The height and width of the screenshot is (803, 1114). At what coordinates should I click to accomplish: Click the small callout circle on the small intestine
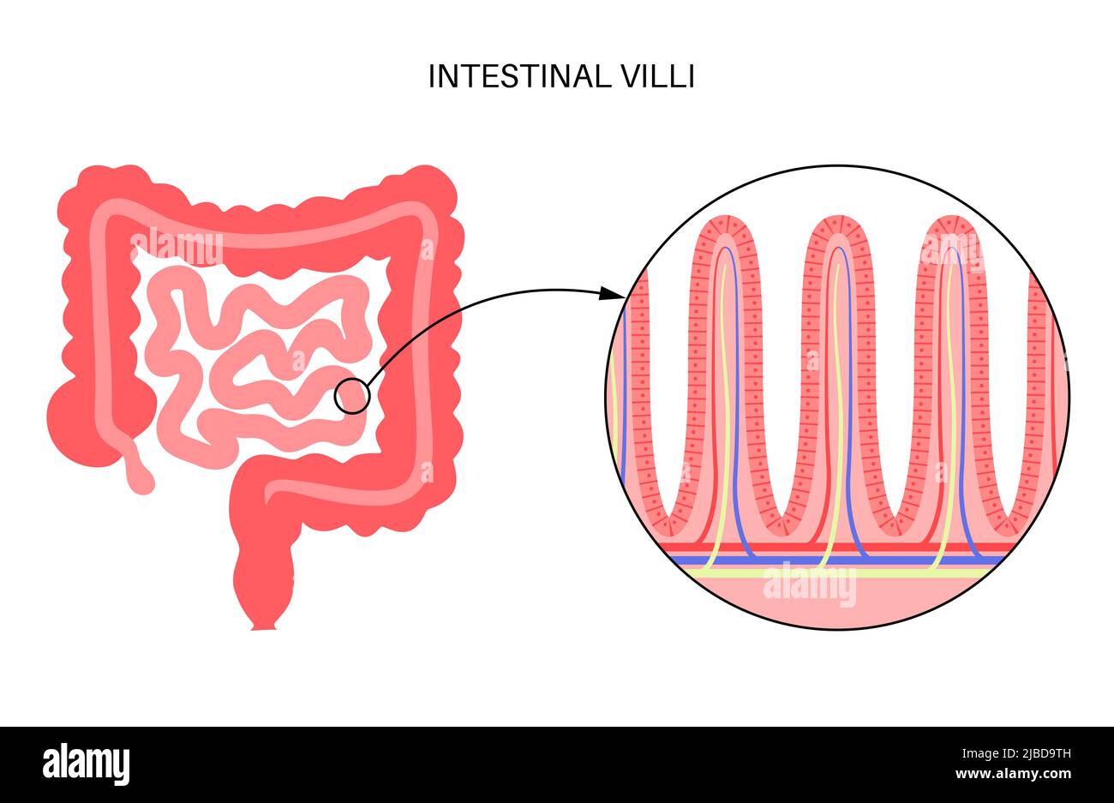tap(351, 397)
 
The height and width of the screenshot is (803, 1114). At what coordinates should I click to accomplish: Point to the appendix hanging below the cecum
tap(138, 469)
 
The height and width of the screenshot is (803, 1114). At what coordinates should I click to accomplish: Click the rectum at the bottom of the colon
tap(264, 591)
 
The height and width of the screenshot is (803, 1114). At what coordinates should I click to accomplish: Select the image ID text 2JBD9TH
tap(1015, 754)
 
